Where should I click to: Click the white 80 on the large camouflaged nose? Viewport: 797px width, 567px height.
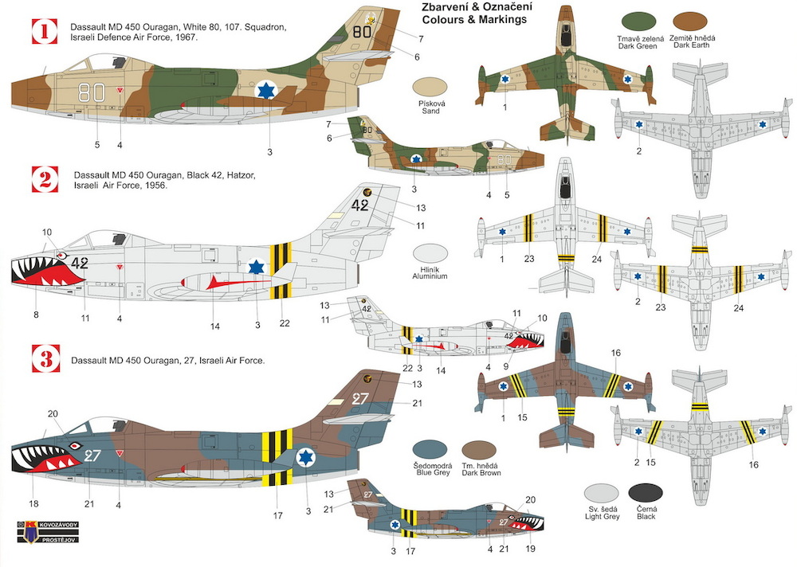pos(97,92)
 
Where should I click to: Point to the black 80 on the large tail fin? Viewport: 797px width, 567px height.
pos(362,33)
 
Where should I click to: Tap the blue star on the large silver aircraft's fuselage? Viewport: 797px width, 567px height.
pos(256,267)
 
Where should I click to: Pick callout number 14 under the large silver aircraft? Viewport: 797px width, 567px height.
pos(214,325)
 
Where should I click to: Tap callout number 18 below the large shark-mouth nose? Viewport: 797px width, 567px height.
pos(33,503)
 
